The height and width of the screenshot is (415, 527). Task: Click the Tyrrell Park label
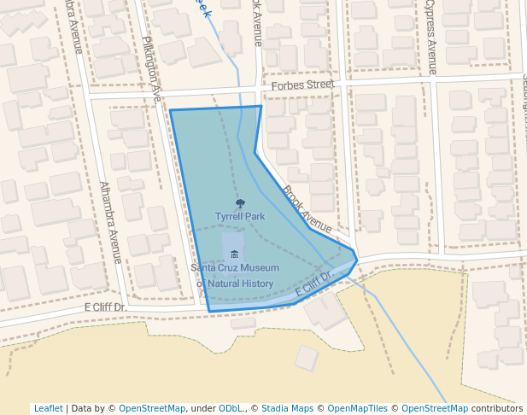240,217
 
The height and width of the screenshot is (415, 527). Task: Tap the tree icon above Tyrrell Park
240,204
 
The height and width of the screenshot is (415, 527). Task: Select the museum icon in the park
234,254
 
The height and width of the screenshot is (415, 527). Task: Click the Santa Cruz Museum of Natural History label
235,276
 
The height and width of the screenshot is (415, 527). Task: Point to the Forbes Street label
302,85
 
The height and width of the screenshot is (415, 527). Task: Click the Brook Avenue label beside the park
307,209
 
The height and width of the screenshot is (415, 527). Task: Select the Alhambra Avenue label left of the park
111,222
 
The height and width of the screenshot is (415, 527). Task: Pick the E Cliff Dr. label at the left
105,307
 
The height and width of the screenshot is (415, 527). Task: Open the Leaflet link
48,409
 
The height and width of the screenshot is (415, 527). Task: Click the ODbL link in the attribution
232,409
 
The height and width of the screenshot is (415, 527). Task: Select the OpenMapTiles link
355,409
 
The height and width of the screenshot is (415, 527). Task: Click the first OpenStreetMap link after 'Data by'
152,409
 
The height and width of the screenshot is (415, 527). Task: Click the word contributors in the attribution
497,409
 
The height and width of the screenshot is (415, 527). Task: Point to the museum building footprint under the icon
233,249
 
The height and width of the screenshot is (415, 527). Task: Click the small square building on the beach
307,358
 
